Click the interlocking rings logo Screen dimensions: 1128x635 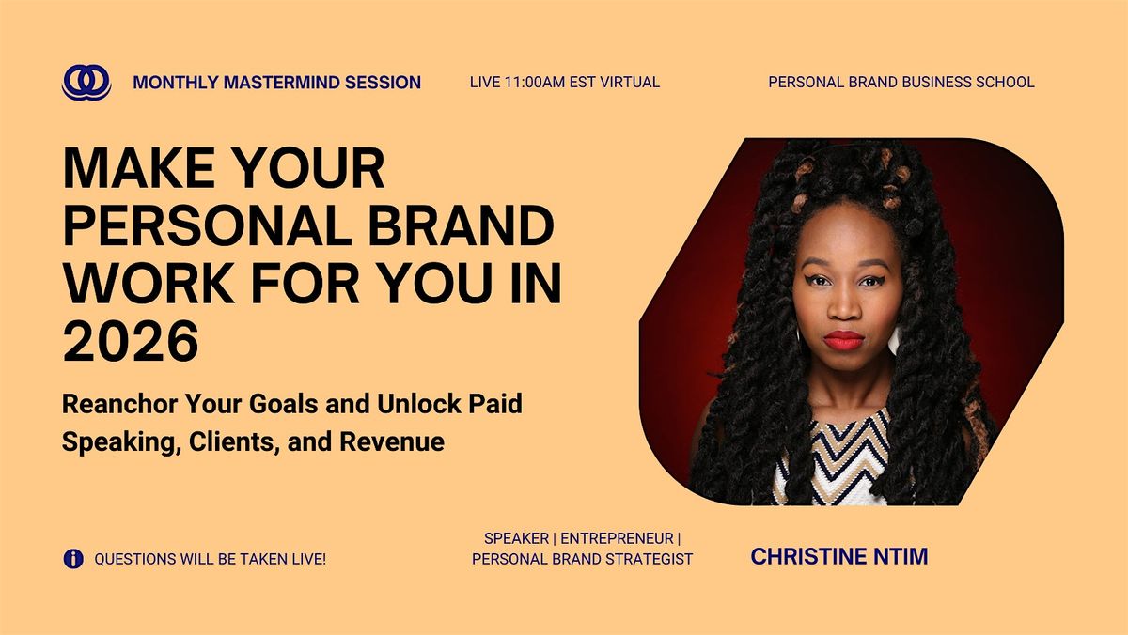coord(86,82)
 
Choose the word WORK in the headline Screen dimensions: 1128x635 coord(149,284)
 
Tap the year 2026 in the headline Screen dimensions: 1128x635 coord(131,341)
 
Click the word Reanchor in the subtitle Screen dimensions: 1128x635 coord(120,404)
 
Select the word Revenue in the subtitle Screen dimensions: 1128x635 coord(392,441)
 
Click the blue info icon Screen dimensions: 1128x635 coord(73,559)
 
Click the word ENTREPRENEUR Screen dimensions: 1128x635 coord(617,538)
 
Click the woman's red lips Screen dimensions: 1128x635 coord(844,341)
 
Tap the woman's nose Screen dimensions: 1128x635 coord(844,304)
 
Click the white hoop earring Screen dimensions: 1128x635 coord(894,340)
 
